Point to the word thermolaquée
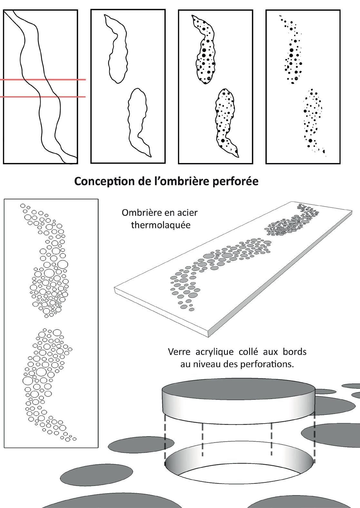pyautogui.click(x=161, y=225)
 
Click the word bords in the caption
pyautogui.click(x=295, y=351)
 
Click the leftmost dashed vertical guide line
pyautogui.click(x=165, y=438)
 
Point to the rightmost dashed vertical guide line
pyautogui.click(x=314, y=438)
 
